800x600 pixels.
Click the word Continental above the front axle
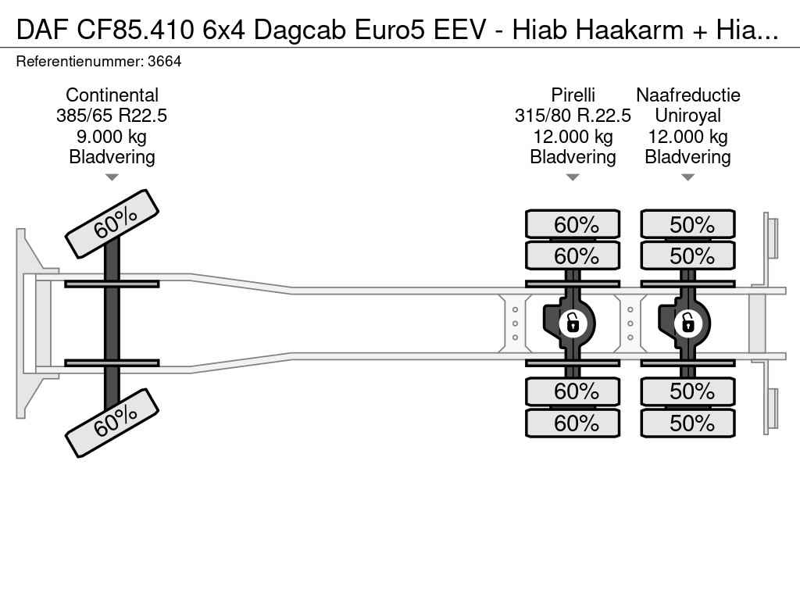click(x=112, y=95)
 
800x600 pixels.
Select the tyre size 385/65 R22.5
click(x=112, y=116)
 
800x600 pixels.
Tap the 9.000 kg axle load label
click(x=111, y=137)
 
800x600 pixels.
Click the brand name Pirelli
click(x=573, y=95)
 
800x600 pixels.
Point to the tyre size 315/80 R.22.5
click(x=573, y=116)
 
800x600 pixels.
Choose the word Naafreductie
click(x=687, y=95)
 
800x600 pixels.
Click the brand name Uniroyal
click(x=687, y=116)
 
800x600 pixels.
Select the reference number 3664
click(x=164, y=62)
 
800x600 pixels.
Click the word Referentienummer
click(x=80, y=62)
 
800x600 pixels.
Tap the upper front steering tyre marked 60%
click(x=112, y=224)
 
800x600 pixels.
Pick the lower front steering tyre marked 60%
click(x=112, y=423)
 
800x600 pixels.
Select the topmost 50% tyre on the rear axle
click(x=687, y=224)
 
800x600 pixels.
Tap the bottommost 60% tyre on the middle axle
click(x=573, y=423)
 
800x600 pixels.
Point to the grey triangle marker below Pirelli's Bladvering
click(x=573, y=177)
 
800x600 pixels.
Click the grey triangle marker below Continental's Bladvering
click(x=112, y=177)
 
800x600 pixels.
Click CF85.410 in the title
click(x=136, y=30)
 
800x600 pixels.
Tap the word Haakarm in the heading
click(x=630, y=30)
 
